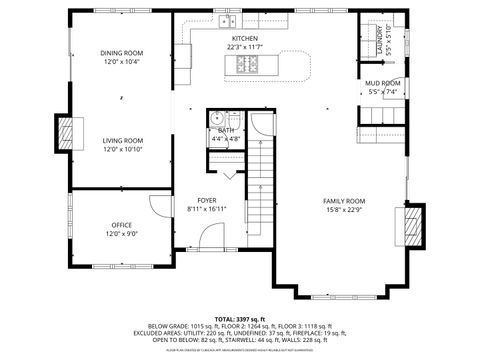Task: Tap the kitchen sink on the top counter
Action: [x=228, y=20]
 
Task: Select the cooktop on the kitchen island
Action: [x=245, y=66]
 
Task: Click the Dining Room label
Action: [x=120, y=53]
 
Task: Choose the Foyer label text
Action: [x=207, y=200]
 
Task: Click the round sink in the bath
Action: [x=216, y=118]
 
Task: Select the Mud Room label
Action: [x=382, y=83]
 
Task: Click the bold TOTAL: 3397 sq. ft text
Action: [x=239, y=318]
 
